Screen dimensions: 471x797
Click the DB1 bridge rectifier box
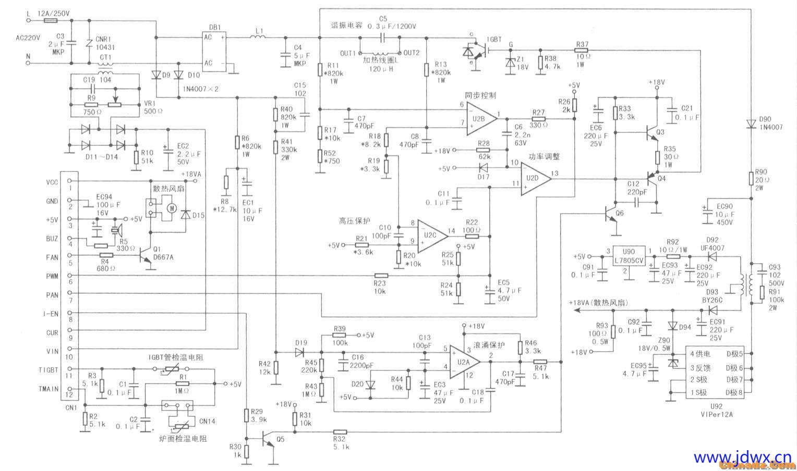click(214, 51)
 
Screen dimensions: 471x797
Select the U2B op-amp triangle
click(480, 118)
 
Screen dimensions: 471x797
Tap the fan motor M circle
click(171, 208)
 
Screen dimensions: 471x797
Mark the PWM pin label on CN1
click(52, 276)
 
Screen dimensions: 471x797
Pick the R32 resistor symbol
click(340, 431)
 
